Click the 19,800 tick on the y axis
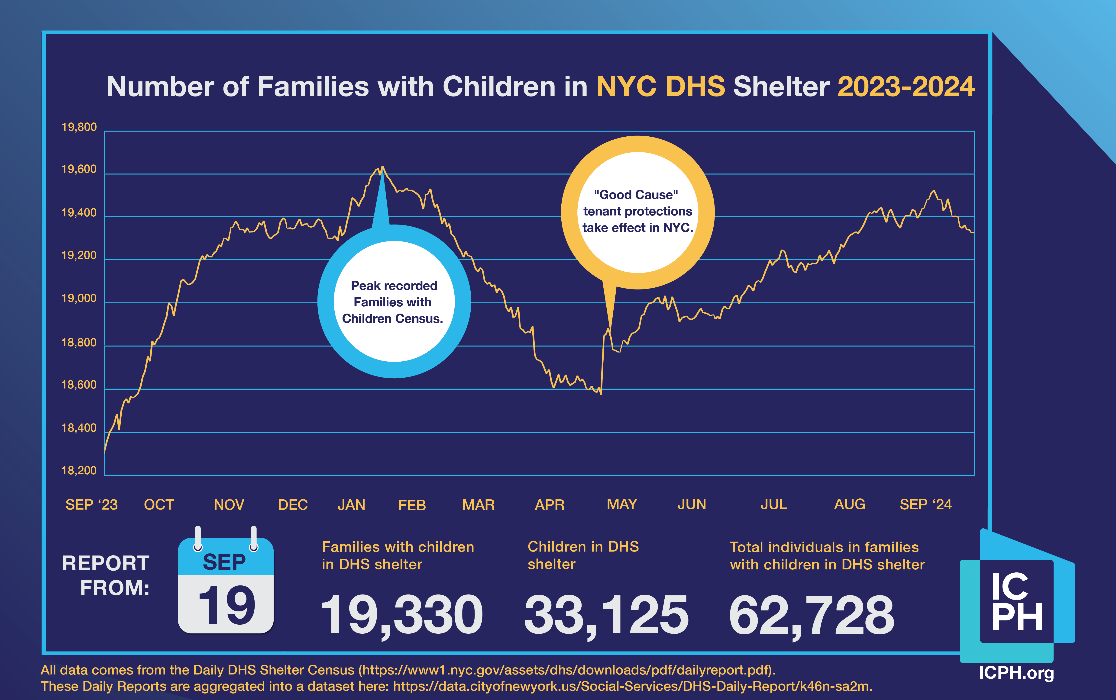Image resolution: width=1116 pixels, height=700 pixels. (x=79, y=127)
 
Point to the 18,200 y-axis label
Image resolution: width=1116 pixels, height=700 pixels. (x=79, y=471)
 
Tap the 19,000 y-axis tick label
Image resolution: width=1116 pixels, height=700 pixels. (x=79, y=299)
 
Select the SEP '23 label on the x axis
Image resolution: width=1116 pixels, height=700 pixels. (x=92, y=505)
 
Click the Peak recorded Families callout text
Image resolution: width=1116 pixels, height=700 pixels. (x=394, y=302)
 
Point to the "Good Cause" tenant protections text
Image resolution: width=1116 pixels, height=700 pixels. (x=638, y=211)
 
